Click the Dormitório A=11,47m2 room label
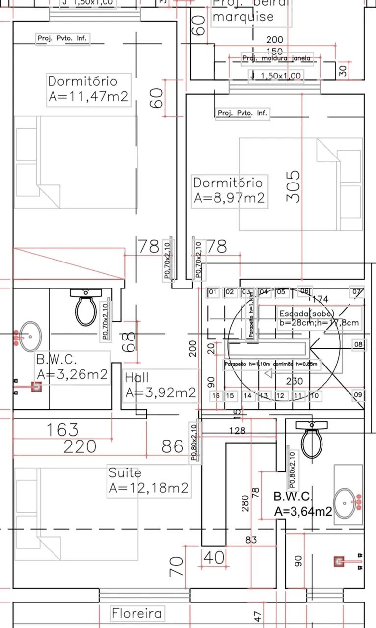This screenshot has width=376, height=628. [89, 89]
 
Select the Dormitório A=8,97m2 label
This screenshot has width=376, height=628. [229, 191]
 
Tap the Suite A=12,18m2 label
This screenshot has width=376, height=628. [149, 481]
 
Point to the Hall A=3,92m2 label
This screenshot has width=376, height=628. [161, 386]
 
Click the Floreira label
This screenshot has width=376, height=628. [136, 613]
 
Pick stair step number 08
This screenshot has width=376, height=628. [359, 345]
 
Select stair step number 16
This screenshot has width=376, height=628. [215, 396]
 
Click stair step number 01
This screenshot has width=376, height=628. [213, 292]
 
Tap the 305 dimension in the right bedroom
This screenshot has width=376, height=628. [293, 186]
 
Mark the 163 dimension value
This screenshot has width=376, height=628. [62, 430]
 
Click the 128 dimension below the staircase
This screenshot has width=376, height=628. [237, 431]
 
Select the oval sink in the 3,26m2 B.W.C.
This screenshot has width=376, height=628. [29, 337]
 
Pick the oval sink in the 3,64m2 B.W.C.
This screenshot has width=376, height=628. [347, 502]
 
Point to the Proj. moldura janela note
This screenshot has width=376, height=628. [277, 58]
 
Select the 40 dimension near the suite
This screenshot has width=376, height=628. [214, 558]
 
